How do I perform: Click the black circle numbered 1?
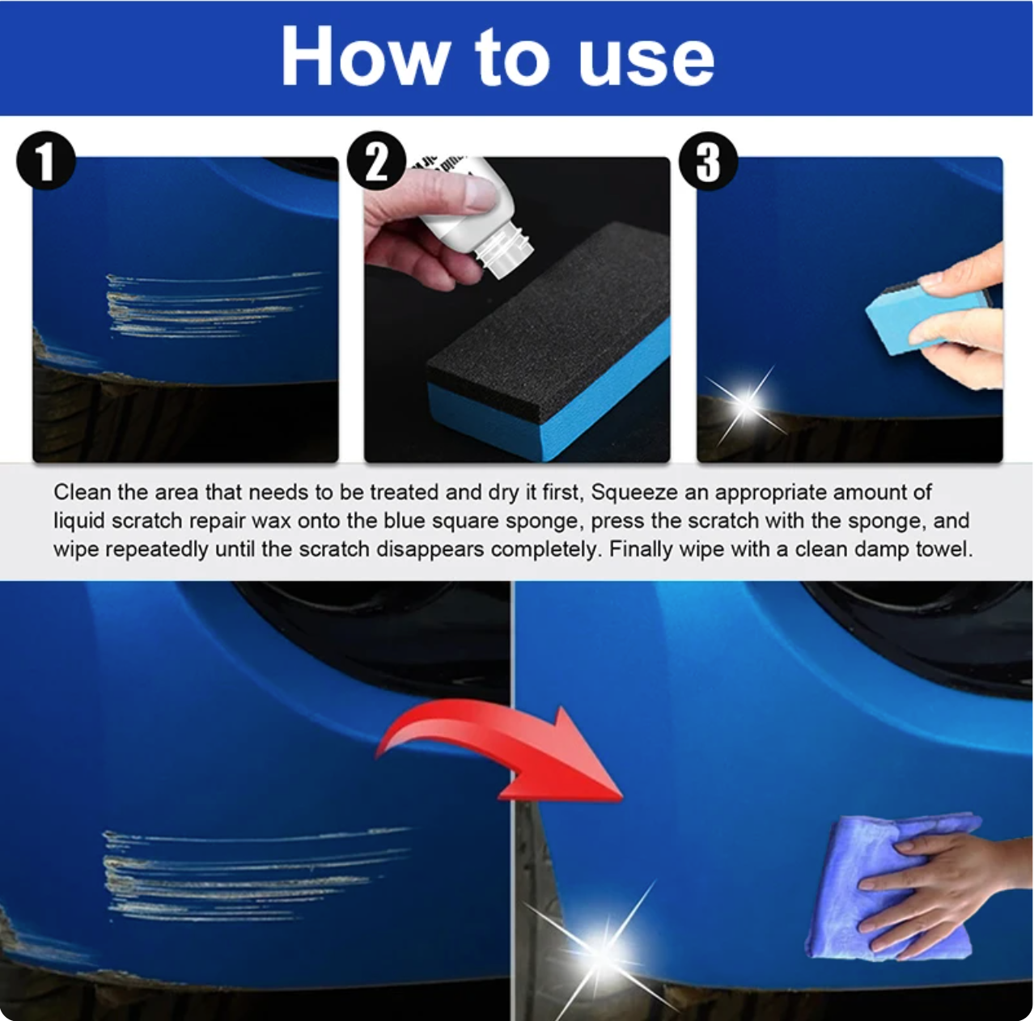(x=45, y=160)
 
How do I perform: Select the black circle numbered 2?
(x=377, y=160)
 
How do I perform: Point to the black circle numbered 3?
(x=708, y=161)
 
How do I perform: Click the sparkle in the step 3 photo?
(x=747, y=403)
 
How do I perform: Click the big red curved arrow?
(x=502, y=752)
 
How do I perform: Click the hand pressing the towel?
(x=944, y=891)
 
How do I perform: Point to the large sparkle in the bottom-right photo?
(x=601, y=953)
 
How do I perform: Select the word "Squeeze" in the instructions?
(x=634, y=493)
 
